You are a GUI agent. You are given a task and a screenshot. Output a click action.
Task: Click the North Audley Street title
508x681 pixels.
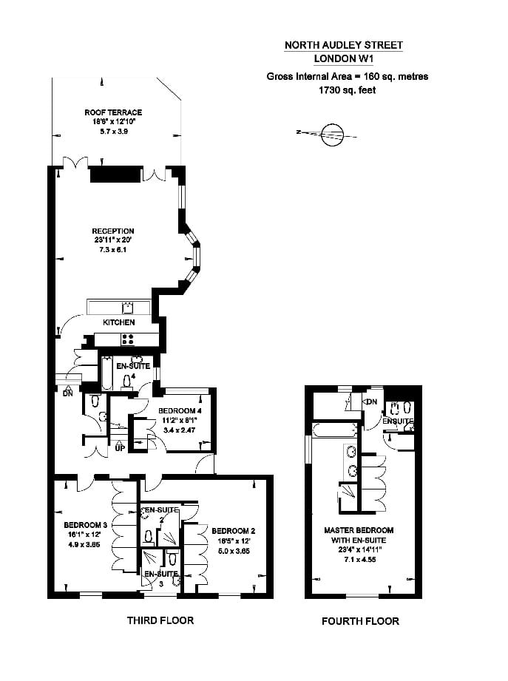(344, 45)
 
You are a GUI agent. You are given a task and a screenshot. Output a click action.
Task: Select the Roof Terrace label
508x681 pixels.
(113, 112)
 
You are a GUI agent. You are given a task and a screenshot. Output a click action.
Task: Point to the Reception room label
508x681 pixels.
(113, 231)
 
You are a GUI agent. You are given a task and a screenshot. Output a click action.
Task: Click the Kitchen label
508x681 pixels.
(118, 323)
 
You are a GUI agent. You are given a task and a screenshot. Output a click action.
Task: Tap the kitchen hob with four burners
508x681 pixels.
(126, 339)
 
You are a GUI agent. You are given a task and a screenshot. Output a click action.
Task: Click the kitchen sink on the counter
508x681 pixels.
(127, 307)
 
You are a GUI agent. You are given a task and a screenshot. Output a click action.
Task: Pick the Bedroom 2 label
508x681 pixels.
(233, 531)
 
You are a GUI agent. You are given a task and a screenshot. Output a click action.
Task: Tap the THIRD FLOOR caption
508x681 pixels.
(160, 620)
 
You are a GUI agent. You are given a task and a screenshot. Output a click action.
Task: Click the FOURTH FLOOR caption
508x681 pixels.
(360, 621)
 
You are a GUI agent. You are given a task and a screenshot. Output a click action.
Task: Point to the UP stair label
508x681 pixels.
(120, 448)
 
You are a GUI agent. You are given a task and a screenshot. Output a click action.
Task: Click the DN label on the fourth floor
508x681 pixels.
(371, 402)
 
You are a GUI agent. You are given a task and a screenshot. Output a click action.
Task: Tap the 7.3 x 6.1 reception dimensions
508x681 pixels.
(113, 251)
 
